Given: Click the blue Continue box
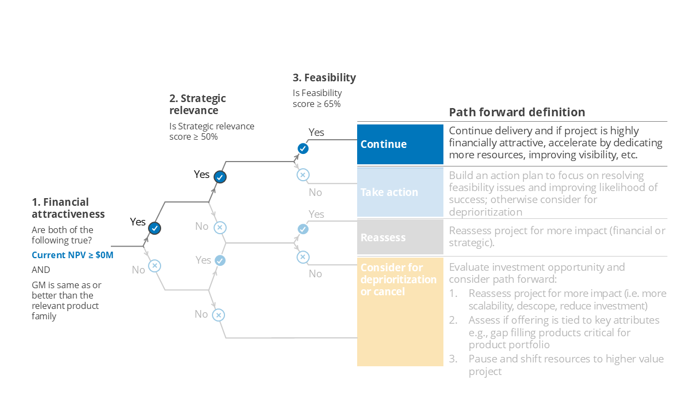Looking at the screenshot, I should (400, 144).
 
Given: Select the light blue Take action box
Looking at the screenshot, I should (400, 192).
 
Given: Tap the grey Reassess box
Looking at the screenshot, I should (400, 237).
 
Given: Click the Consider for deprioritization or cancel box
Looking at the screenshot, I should (400, 311).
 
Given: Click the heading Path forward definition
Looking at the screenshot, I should (517, 112).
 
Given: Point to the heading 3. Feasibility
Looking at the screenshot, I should (324, 78).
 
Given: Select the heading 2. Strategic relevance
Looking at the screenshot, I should (197, 104).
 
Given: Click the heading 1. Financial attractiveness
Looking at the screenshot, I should (68, 208).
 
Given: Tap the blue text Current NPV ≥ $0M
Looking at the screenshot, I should (73, 255).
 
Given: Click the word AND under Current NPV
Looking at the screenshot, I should (41, 270).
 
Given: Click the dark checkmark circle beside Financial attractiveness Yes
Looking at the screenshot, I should (155, 228).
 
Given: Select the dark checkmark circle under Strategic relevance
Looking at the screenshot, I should (220, 177).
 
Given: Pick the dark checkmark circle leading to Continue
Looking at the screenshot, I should (303, 148).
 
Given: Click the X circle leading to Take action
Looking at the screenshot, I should (303, 175).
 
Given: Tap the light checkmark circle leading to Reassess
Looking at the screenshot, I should (303, 229).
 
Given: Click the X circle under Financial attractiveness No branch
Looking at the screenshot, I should (155, 266).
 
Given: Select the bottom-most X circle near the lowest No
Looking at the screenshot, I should (218, 315).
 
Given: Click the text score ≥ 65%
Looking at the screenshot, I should (317, 104).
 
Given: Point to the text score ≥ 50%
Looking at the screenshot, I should (193, 136).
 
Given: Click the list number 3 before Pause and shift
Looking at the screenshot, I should (453, 359).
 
